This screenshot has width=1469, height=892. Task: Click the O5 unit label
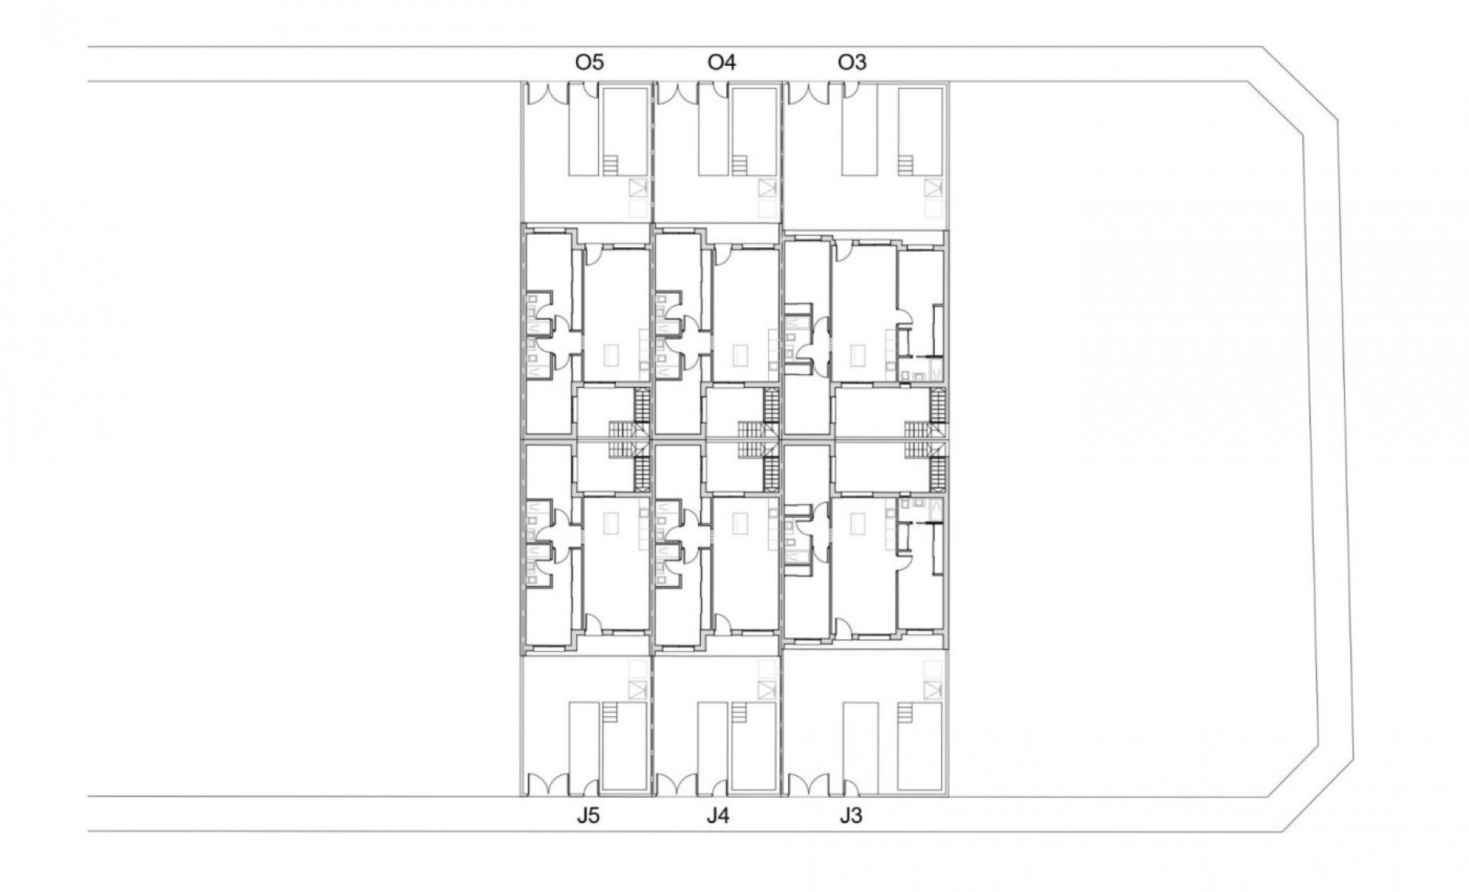click(589, 62)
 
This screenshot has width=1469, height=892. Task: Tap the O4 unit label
click(721, 62)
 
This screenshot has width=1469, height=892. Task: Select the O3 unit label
click(852, 62)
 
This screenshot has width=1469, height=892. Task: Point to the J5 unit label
click(588, 816)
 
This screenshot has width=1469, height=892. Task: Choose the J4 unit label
click(718, 816)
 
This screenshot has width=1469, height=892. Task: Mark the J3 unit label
click(850, 816)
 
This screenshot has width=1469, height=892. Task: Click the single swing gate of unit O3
click(849, 90)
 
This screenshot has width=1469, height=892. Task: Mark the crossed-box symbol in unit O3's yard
click(931, 188)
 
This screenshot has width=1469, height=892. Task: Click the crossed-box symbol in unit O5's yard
click(637, 188)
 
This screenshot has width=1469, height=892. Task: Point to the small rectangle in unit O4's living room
click(740, 356)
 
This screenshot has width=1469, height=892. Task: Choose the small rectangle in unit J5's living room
click(611, 523)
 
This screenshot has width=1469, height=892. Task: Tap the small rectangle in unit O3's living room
click(858, 356)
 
